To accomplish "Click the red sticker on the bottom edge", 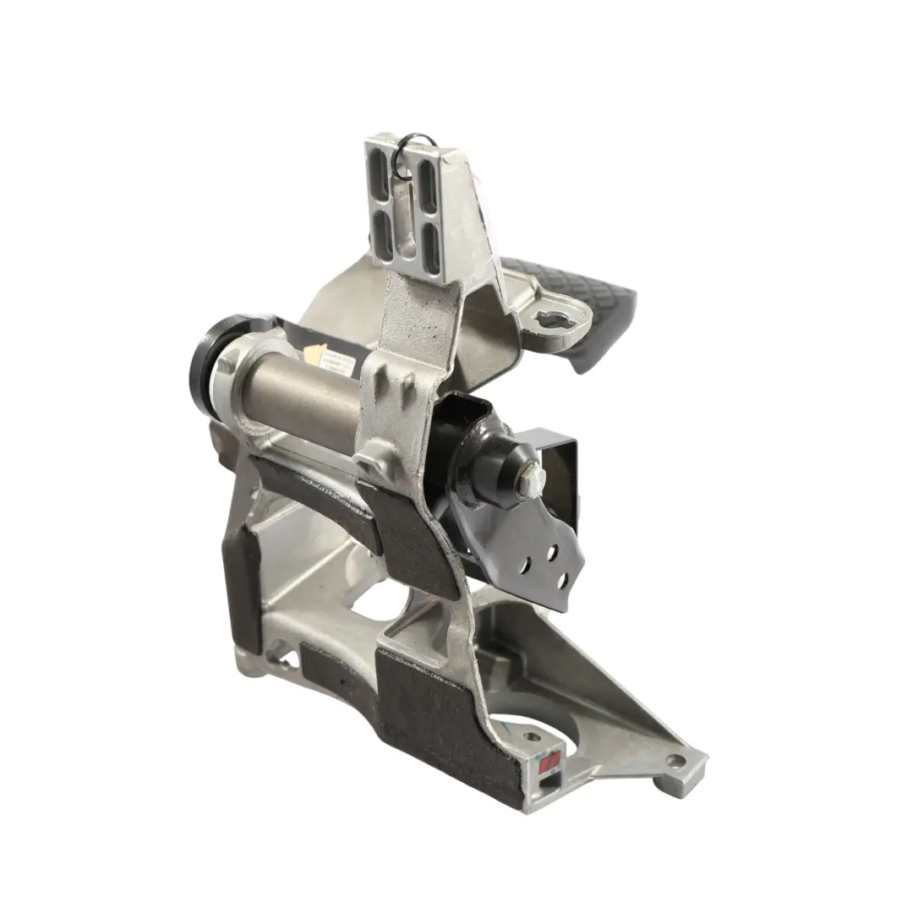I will pos(549,763).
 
